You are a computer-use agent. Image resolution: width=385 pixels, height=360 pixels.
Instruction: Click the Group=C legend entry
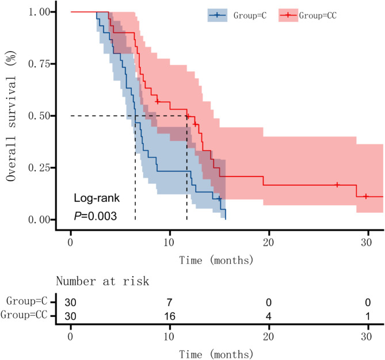(x=237, y=15)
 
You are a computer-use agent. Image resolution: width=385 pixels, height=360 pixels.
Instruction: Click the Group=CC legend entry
(x=307, y=15)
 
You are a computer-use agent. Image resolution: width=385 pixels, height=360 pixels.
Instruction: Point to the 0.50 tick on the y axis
(x=53, y=116)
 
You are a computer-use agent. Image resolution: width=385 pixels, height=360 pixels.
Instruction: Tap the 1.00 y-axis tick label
(x=39, y=12)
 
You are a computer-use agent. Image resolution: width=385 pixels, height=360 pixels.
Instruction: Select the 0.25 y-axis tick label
(x=39, y=168)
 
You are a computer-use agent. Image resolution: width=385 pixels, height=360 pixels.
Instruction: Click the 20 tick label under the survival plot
(x=268, y=243)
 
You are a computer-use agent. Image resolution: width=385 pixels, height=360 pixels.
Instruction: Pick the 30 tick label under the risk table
(x=367, y=336)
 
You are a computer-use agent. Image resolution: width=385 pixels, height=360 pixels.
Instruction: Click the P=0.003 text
(x=96, y=216)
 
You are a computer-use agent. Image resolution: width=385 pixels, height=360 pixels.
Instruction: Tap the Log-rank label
(x=97, y=198)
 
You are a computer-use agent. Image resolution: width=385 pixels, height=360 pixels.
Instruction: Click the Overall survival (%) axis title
(x=12, y=116)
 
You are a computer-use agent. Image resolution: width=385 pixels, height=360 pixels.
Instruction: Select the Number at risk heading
(x=102, y=281)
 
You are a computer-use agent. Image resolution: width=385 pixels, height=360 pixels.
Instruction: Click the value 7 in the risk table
(x=169, y=302)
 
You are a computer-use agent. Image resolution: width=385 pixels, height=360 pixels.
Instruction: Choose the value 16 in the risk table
(x=170, y=316)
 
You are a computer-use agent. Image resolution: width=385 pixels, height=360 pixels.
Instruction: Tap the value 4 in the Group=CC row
(x=269, y=316)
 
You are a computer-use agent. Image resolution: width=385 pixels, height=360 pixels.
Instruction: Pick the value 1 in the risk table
(x=368, y=316)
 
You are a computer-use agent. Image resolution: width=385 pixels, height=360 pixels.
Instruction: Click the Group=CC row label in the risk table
(x=24, y=315)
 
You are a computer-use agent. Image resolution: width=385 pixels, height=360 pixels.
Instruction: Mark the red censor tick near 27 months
(x=337, y=185)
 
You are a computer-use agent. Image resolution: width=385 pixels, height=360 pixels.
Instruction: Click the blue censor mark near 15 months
(x=219, y=199)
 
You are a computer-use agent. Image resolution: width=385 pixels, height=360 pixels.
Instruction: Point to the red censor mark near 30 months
(x=366, y=197)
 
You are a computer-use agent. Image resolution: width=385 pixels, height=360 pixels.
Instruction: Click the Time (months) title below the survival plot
(x=216, y=260)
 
